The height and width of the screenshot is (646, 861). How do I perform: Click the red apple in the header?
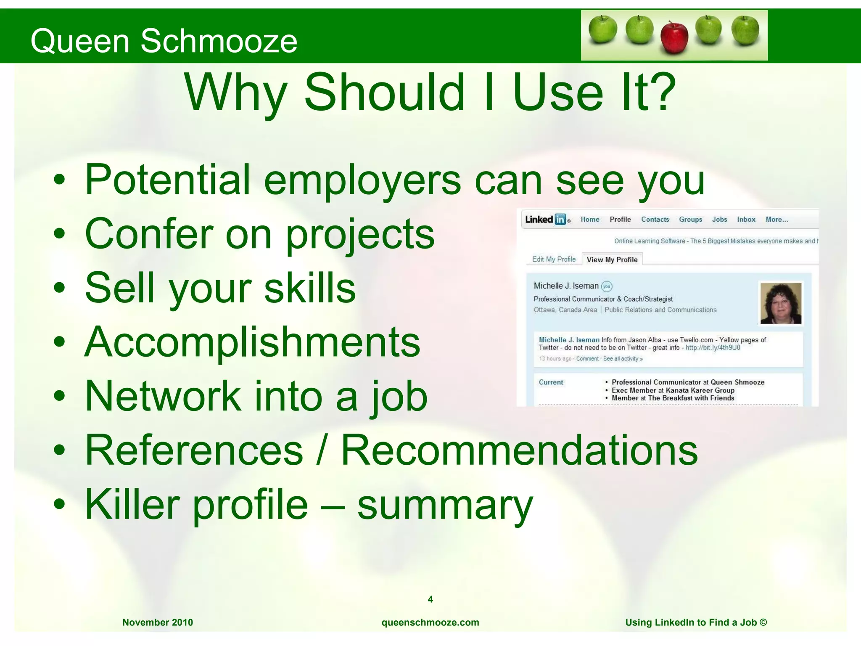674,37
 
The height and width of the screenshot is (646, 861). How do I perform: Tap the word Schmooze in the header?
219,41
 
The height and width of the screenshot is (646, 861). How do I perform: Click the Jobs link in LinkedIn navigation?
719,220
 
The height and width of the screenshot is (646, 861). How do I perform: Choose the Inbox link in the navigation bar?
746,220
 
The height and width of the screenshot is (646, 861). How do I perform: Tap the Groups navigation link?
690,220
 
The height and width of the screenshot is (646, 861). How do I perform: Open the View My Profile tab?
612,259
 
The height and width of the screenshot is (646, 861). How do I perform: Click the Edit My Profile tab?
554,259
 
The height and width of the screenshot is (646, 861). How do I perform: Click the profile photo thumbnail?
781,303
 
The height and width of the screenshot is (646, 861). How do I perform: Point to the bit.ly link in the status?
713,348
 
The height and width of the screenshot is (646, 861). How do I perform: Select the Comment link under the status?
587,359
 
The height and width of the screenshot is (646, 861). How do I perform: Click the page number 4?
430,599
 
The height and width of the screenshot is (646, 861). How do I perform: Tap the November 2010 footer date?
158,622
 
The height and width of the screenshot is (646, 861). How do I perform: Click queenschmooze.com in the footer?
430,622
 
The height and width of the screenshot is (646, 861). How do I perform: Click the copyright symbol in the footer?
763,622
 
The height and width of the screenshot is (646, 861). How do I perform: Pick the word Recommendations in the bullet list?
519,450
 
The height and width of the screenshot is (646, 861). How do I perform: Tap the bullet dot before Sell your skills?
60,288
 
